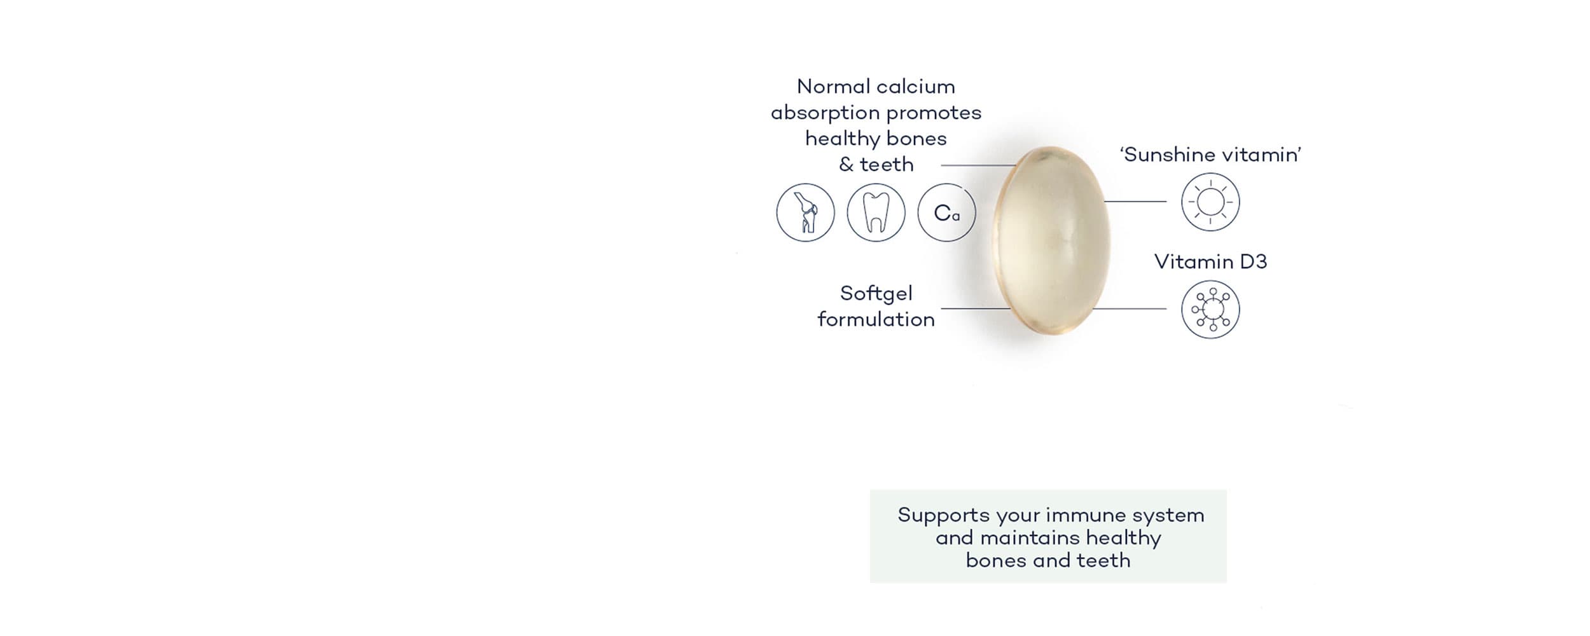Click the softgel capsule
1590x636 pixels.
pos(1051,240)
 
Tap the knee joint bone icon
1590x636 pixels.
pos(805,212)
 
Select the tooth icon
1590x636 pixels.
pos(876,212)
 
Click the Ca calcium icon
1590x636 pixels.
pos(946,212)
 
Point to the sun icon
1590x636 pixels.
pos(1210,202)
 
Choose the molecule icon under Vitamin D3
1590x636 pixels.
pos(1210,310)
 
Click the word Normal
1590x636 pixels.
pos(834,86)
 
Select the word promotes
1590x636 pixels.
pos(934,113)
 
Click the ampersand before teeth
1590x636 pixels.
pos(846,165)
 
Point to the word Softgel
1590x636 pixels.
pos(876,293)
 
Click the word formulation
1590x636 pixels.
pos(876,319)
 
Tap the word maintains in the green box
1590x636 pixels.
pos(1030,538)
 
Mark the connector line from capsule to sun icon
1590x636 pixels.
pos(1135,202)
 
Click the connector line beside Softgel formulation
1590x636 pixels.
pos(976,308)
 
